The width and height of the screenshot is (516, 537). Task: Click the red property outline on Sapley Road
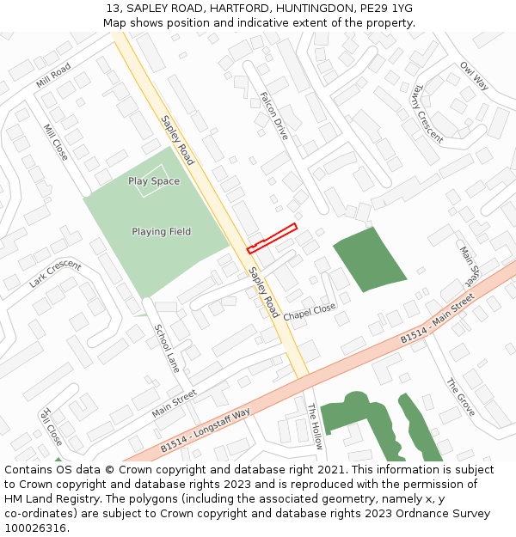point(272,238)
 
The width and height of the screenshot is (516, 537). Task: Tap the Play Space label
point(154,181)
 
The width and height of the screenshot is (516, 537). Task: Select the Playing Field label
point(161,232)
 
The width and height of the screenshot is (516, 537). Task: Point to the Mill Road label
point(53,76)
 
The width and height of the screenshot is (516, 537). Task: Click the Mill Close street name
point(55,142)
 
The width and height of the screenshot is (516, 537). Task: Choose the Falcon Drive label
point(274,117)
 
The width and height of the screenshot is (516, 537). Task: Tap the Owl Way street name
point(474,76)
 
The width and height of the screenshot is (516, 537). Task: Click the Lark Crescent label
point(54,274)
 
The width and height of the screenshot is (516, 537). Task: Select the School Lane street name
point(167,347)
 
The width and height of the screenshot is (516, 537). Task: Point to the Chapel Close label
point(310,310)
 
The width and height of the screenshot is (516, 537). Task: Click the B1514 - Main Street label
point(437,320)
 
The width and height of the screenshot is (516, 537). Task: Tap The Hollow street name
point(315,426)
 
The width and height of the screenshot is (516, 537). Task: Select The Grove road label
point(461,397)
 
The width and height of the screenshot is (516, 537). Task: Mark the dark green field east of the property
point(369,259)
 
